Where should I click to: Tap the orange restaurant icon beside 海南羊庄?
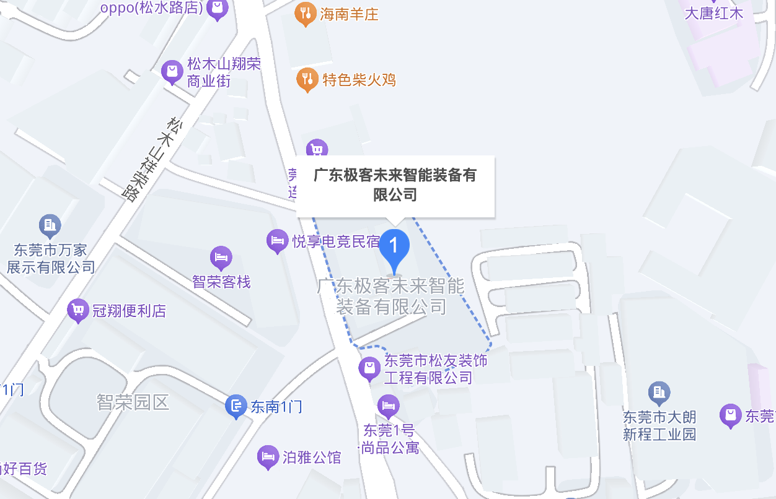tap(305, 13)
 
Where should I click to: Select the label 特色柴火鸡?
tap(359, 80)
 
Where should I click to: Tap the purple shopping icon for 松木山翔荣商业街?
tap(172, 71)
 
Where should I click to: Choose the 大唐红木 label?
tap(713, 13)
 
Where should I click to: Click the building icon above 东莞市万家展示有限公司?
tap(50, 224)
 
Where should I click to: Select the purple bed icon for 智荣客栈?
tap(221, 256)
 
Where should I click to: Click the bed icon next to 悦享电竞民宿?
tap(277, 240)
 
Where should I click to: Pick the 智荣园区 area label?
tap(133, 402)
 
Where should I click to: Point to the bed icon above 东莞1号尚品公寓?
tap(388, 406)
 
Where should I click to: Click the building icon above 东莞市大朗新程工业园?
tap(658, 392)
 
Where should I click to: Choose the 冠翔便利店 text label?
tap(129, 311)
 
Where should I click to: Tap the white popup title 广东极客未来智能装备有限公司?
tap(395, 185)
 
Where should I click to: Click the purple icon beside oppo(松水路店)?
tap(217, 9)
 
